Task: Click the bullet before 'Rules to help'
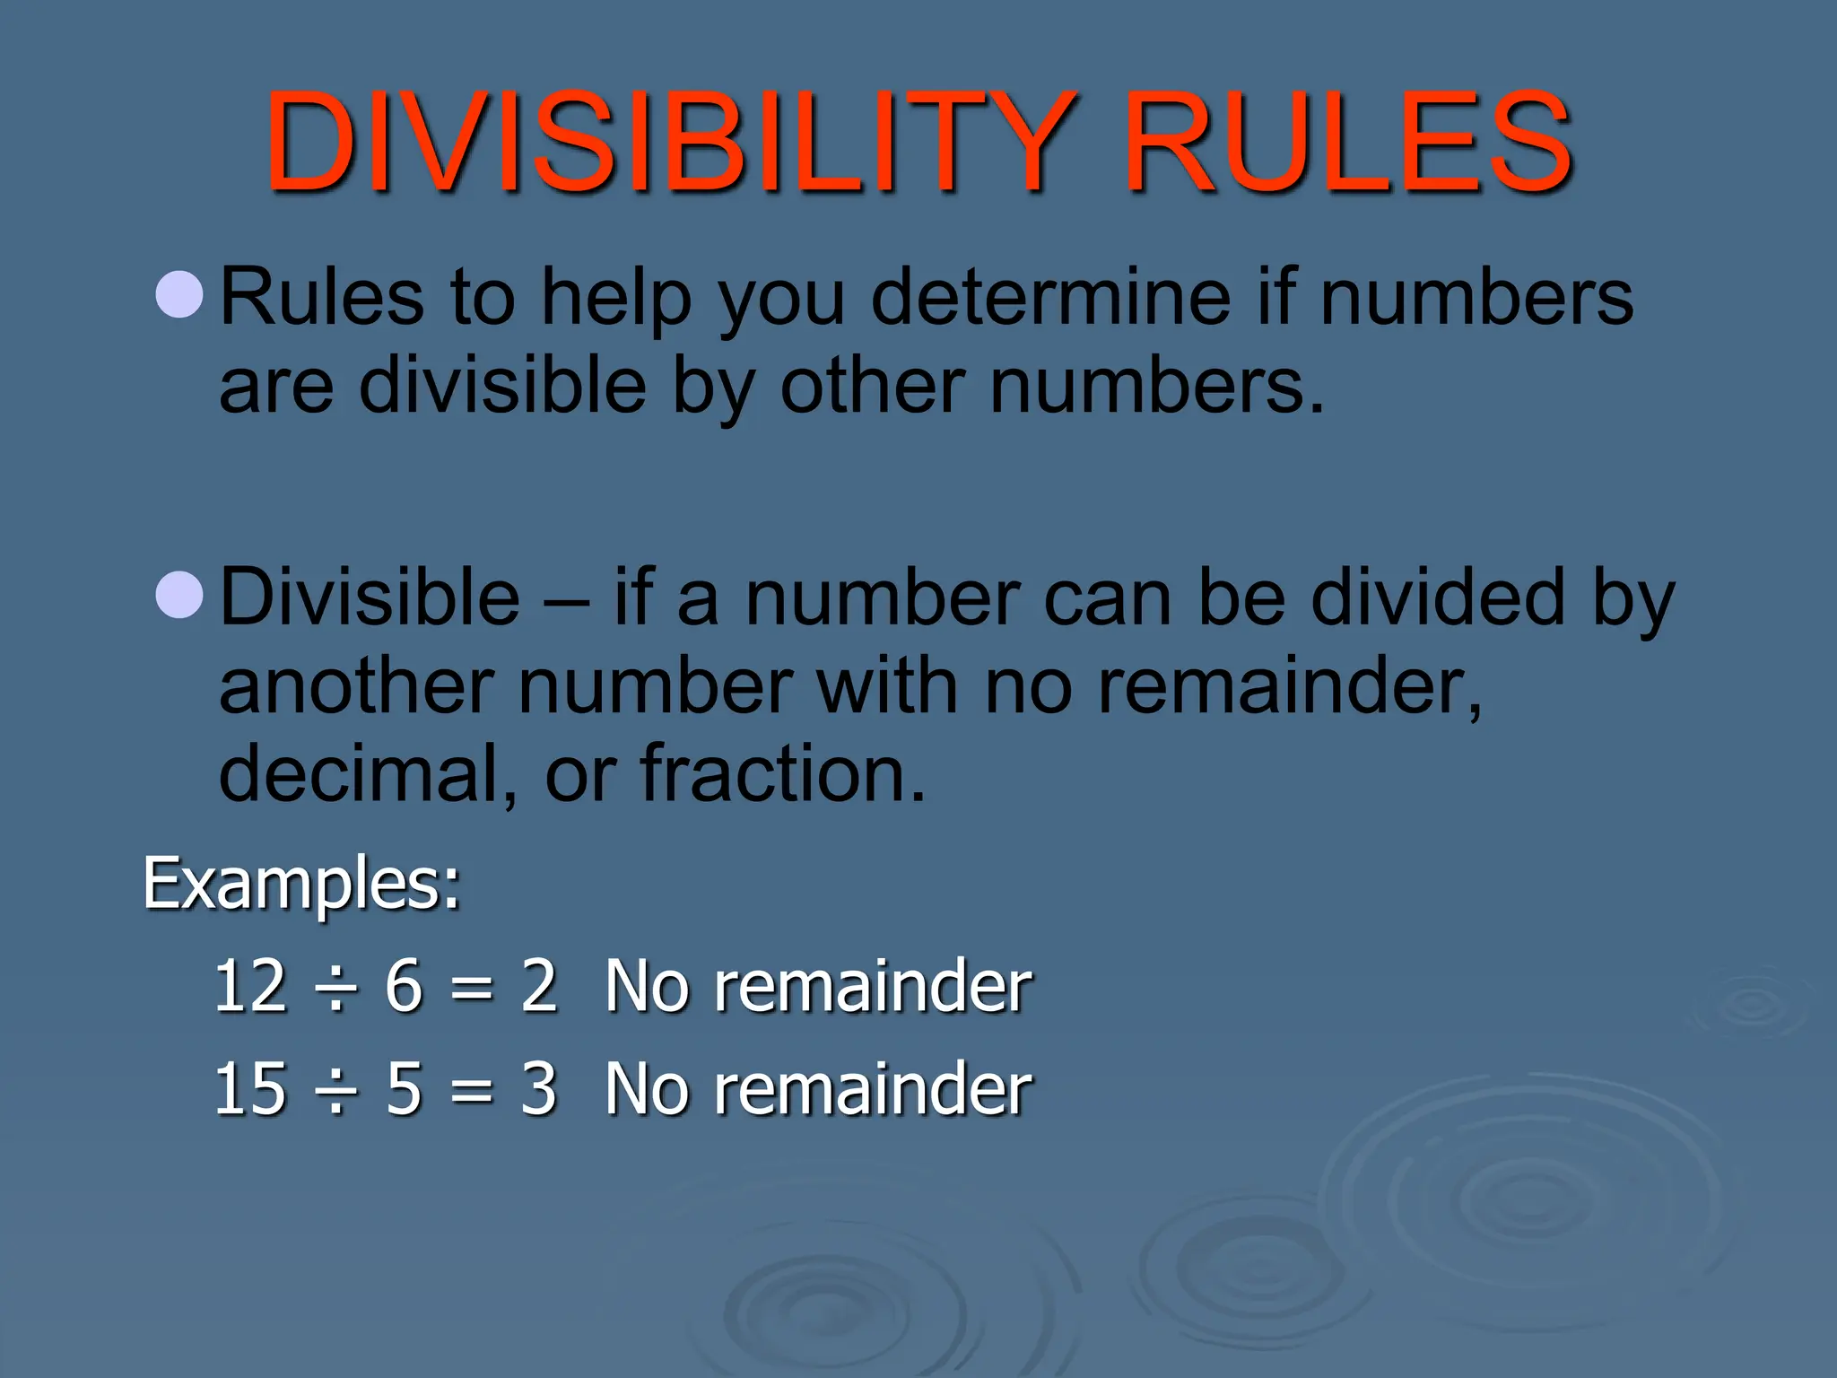point(179,293)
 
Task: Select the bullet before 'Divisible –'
point(179,594)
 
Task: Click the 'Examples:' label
point(301,884)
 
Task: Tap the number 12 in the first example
point(250,986)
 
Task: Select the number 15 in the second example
point(250,1088)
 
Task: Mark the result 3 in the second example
point(538,1088)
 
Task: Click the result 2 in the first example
point(538,986)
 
